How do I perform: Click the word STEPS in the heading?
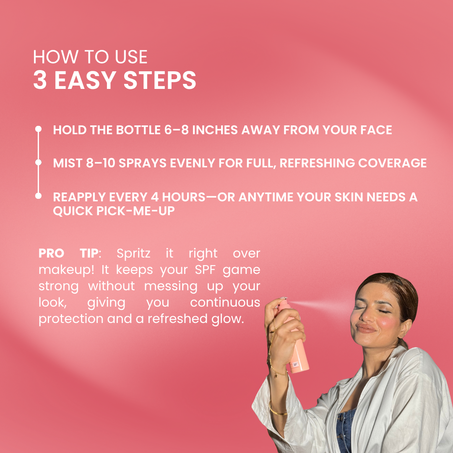[160, 80]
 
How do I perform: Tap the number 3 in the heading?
[40, 80]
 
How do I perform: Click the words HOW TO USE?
[90, 57]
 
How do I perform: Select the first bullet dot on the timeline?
[38, 129]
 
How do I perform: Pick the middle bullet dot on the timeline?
[38, 162]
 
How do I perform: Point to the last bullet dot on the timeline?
[38, 196]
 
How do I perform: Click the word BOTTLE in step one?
[138, 130]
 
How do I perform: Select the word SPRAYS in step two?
[143, 163]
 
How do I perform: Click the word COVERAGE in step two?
[392, 163]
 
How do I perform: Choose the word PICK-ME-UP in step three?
[135, 211]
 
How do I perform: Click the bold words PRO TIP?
[68, 253]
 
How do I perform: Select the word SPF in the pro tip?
[205, 270]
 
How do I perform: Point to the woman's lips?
[366, 328]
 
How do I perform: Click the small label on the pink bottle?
[296, 364]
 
